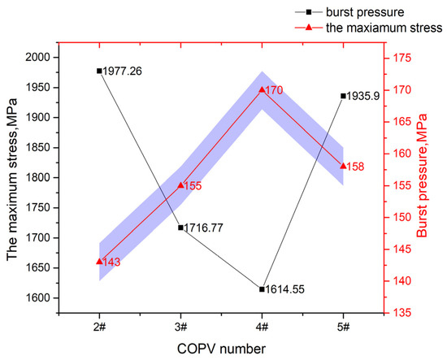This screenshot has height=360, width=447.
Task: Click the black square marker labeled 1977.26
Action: pos(99,71)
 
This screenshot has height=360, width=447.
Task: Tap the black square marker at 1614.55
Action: pos(262,288)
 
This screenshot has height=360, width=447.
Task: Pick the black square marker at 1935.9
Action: pos(343,96)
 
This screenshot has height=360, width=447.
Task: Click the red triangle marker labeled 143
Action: pos(99,261)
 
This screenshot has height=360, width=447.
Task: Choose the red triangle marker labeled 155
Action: pos(180,185)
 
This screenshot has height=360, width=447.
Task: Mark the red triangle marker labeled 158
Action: pos(343,165)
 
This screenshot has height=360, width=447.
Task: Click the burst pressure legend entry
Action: pos(381,12)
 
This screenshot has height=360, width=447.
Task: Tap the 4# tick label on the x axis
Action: pos(262,327)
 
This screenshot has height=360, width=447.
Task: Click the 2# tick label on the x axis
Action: pos(99,327)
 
